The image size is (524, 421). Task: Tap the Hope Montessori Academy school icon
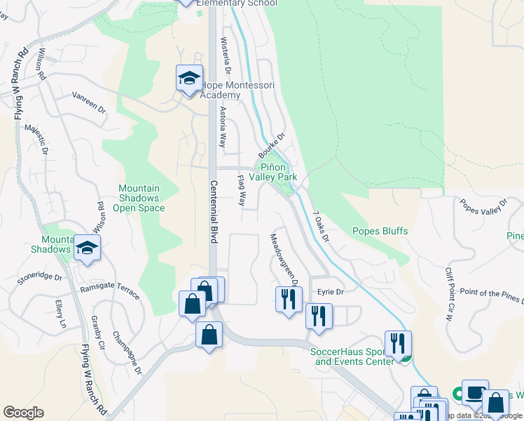[188, 79]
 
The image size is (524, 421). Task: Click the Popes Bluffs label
[380, 231]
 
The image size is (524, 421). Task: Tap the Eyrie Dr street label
[331, 292]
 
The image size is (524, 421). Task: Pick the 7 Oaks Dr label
[320, 226]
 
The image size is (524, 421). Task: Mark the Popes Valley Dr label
[483, 207]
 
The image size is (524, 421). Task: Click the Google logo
[23, 413]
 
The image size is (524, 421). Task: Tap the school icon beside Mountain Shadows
[88, 248]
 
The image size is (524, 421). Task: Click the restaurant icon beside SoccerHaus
[397, 345]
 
